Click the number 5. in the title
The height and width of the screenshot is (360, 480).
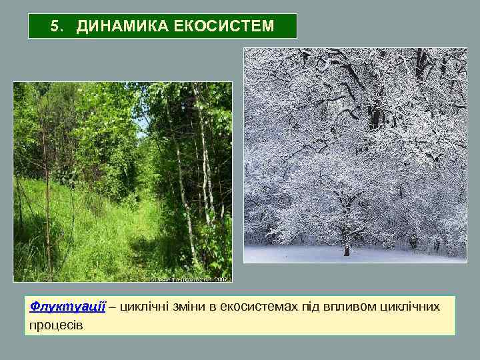coord(57,27)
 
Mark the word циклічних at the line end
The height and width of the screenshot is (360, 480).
coord(410,307)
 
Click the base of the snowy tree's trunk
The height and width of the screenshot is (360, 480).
coord(346,252)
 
